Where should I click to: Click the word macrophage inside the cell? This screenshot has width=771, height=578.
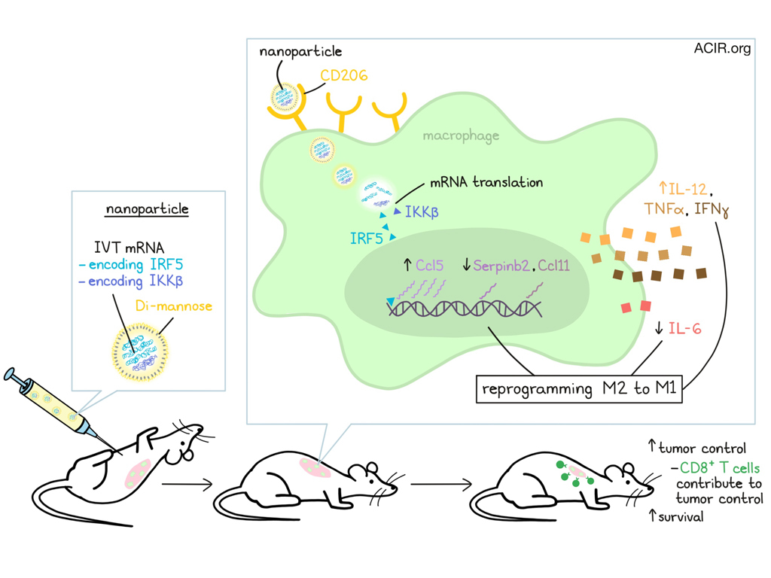(461, 136)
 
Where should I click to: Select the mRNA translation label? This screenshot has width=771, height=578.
(486, 182)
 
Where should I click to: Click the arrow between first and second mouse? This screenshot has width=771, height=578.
(185, 484)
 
